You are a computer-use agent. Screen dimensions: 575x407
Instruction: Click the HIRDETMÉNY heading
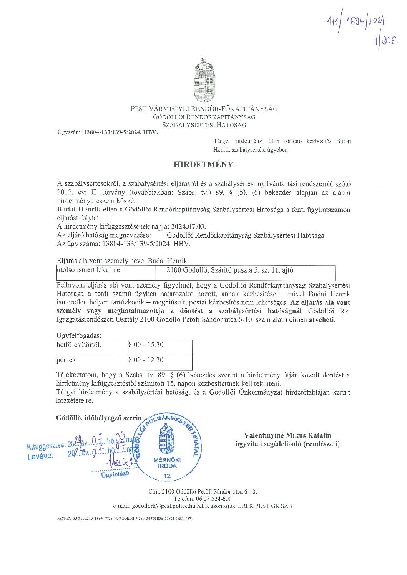[x=203, y=165]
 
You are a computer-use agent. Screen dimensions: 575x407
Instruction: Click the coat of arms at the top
[x=204, y=80]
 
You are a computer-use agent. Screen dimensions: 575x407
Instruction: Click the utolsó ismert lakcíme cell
[x=89, y=270]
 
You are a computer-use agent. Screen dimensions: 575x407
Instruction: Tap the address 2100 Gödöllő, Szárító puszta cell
[x=229, y=270]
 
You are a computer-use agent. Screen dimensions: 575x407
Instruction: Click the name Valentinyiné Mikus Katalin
[x=287, y=435]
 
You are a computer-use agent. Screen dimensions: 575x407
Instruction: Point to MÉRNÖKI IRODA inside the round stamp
[x=167, y=463]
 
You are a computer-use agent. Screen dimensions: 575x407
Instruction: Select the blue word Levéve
[x=40, y=456]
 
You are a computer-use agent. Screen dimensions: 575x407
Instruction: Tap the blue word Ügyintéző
[x=115, y=474]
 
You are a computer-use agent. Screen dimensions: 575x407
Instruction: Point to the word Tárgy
[x=221, y=141]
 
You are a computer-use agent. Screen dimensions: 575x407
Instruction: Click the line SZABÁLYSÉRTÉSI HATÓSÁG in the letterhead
[x=204, y=125]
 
